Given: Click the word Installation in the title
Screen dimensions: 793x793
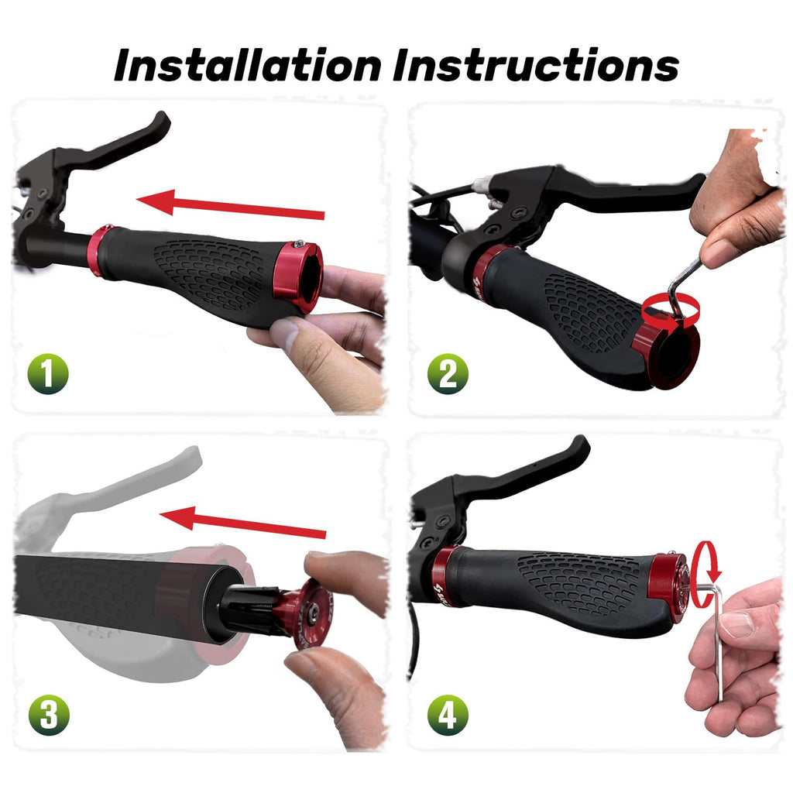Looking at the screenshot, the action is tap(248, 65).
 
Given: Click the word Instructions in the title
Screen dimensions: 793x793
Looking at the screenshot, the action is tap(536, 65).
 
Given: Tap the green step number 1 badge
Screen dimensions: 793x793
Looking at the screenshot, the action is tap(48, 374).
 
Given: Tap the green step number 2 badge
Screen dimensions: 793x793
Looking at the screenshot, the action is tap(448, 374).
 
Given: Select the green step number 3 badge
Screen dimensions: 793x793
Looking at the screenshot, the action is tap(49, 715).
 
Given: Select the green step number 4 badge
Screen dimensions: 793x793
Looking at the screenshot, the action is tap(448, 715).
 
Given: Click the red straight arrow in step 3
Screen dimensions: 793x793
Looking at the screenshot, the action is tap(242, 523).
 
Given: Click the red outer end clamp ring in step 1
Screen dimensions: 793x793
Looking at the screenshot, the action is tap(298, 276).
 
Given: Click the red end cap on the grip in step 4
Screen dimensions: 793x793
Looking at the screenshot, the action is tap(670, 587).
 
